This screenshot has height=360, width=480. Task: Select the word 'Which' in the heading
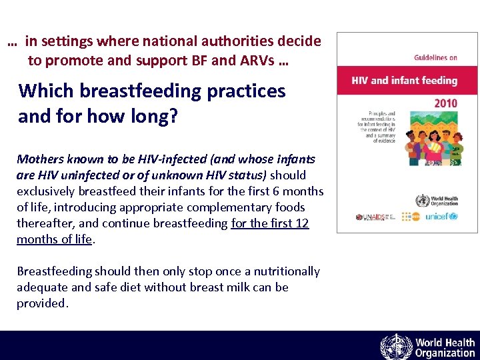pos(43,91)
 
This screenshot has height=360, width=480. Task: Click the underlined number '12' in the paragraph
pos(302,223)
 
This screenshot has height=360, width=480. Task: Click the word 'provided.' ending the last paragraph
pos(43,303)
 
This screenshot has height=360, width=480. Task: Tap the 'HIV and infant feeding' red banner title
pos(405,81)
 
